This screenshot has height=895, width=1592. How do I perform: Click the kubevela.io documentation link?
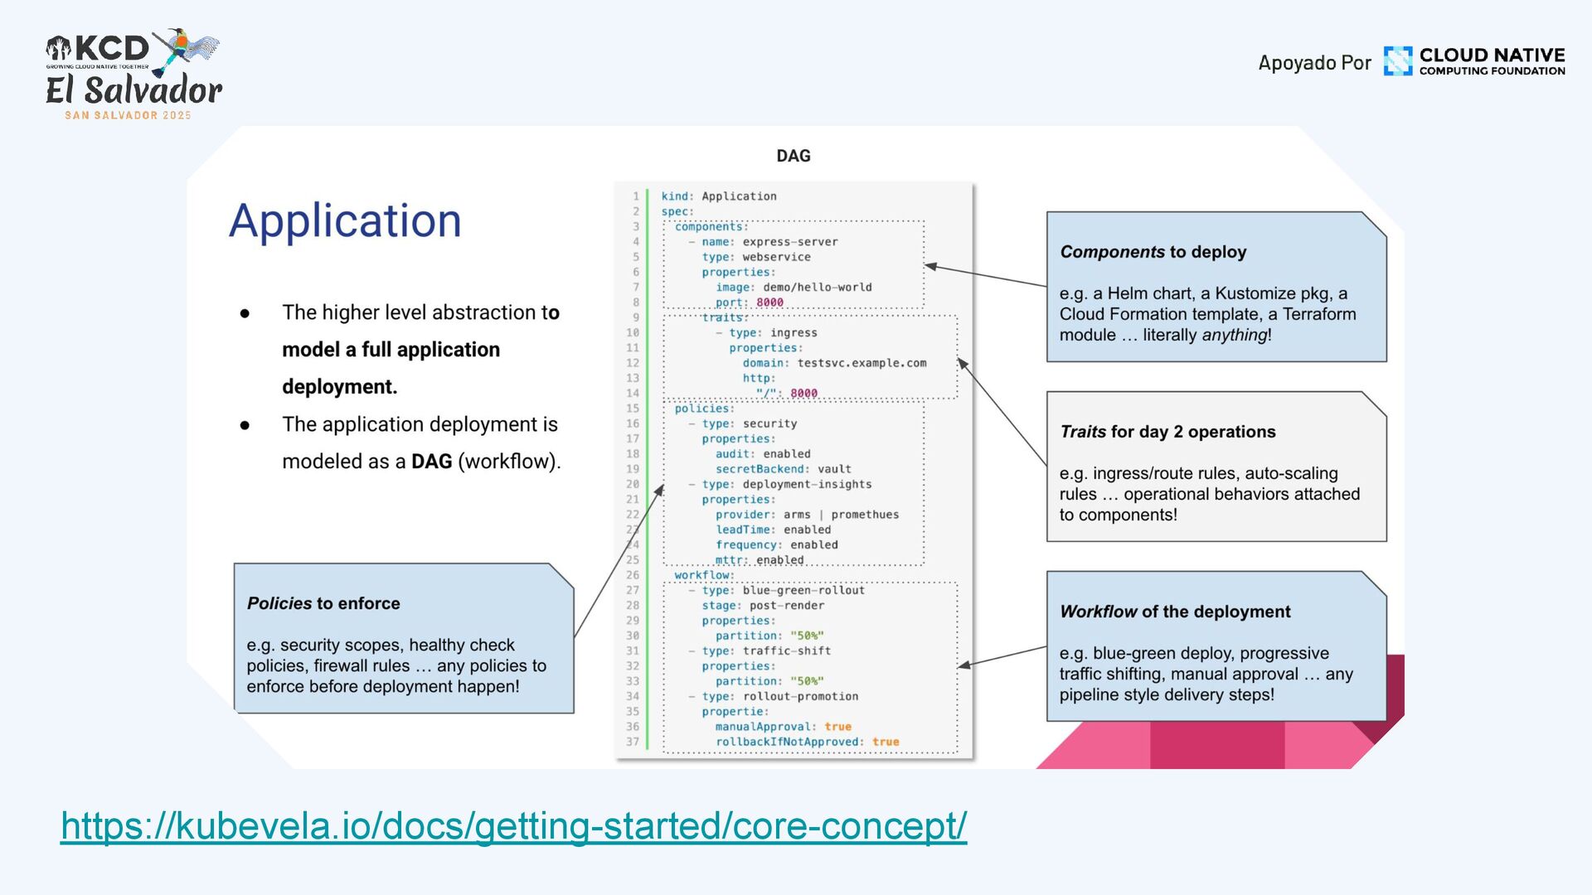click(x=513, y=826)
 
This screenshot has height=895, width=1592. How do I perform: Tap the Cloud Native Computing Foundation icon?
click(x=1397, y=61)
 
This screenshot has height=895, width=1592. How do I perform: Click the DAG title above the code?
click(x=793, y=156)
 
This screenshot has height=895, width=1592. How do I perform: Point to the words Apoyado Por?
click(x=1314, y=63)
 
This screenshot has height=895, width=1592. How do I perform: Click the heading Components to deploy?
click(x=1153, y=252)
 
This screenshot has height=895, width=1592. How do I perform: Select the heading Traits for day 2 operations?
click(x=1167, y=432)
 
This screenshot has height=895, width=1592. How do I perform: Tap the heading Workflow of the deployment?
click(x=1175, y=612)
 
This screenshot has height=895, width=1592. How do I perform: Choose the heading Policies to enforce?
click(x=323, y=603)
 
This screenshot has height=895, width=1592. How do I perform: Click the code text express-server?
click(x=789, y=242)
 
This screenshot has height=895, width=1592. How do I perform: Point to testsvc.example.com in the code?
click(x=862, y=363)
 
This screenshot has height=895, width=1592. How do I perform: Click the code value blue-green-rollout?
click(x=803, y=590)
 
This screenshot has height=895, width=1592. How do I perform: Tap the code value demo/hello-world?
click(x=817, y=288)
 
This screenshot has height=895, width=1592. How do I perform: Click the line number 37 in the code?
click(x=633, y=742)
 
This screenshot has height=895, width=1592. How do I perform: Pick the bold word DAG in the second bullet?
click(x=431, y=462)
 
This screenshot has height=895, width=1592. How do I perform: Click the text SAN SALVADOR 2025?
click(x=128, y=115)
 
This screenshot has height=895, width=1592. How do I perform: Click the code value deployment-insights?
click(x=807, y=484)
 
